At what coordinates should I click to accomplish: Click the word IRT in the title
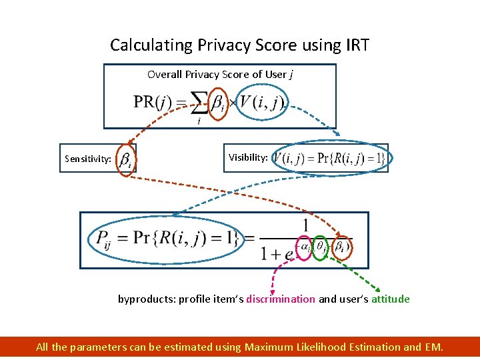355,45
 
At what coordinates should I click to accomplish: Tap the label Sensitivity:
88,159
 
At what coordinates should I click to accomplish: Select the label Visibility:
249,158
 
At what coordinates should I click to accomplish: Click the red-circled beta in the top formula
218,104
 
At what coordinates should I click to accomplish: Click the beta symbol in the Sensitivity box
125,160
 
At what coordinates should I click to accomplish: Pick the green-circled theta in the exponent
321,247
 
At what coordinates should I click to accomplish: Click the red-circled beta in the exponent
341,247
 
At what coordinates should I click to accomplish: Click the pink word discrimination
281,299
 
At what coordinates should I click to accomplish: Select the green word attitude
391,299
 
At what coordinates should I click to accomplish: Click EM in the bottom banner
432,347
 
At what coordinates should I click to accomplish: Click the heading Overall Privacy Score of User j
220,75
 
